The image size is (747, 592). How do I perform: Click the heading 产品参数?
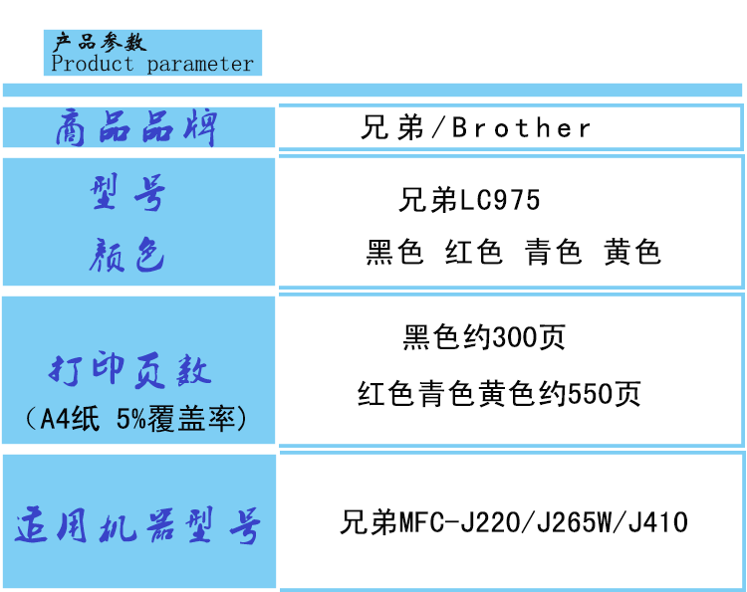[100, 42]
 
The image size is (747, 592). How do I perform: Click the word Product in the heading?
[92, 64]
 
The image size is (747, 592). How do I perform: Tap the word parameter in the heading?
[200, 65]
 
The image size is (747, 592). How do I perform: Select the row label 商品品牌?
[137, 129]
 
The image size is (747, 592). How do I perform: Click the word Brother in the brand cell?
[522, 128]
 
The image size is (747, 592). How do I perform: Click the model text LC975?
[500, 201]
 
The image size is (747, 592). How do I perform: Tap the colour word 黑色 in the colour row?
[394, 253]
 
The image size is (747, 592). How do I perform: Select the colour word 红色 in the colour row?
[473, 253]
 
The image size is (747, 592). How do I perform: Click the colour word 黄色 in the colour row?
[631, 253]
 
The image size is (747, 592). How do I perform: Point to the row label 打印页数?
[131, 370]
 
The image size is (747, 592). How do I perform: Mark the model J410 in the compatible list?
[657, 522]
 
